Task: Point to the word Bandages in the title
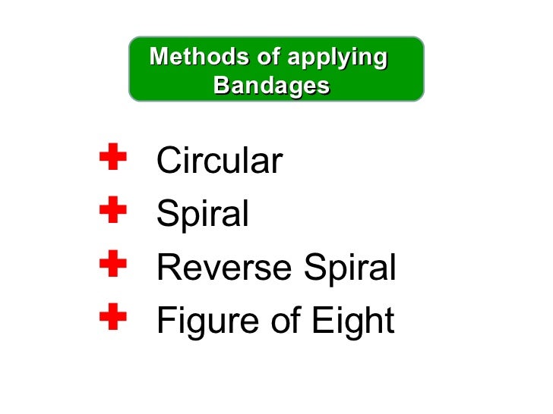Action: pyautogui.click(x=271, y=86)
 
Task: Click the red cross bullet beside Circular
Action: pyautogui.click(x=112, y=158)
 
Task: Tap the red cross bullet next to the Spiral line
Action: pyautogui.click(x=112, y=210)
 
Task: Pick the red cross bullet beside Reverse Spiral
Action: pyautogui.click(x=112, y=264)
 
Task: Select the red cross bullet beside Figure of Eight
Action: pyautogui.click(x=112, y=317)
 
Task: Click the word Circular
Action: pyautogui.click(x=219, y=162)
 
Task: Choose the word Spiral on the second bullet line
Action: pyautogui.click(x=202, y=215)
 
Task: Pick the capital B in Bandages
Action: pyautogui.click(x=223, y=86)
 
